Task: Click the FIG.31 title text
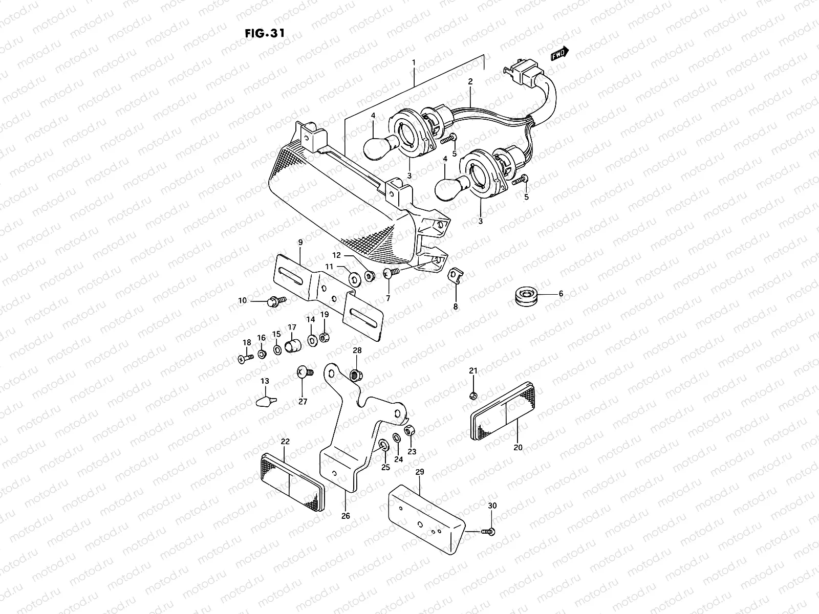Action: (x=265, y=32)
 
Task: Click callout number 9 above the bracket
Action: (x=300, y=242)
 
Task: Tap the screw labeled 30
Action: (x=488, y=533)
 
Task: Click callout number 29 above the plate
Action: (x=419, y=471)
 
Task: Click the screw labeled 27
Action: (x=304, y=374)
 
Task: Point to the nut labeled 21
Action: (x=473, y=396)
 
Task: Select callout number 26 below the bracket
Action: (x=346, y=516)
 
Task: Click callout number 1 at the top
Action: (x=414, y=62)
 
